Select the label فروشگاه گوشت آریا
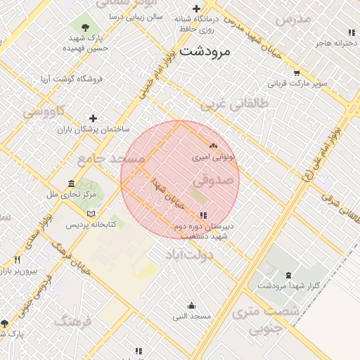72,79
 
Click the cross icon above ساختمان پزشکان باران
93,118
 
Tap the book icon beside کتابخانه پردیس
90,214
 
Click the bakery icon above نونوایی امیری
214,146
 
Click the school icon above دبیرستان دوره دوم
203,215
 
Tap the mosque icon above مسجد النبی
191,305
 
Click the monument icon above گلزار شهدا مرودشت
289,274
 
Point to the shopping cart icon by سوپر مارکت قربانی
297,72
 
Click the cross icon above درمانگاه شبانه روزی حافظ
196,9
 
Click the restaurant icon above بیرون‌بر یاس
18,260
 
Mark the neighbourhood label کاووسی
44,110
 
